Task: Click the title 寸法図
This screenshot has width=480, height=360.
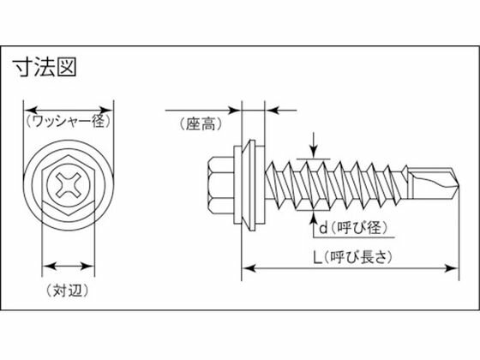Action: tap(45, 67)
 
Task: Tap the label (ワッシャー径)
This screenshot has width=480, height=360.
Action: tap(69, 121)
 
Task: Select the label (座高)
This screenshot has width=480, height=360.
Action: tap(201, 124)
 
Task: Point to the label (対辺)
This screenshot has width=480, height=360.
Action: tap(68, 290)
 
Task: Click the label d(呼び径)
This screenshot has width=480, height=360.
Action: tap(353, 228)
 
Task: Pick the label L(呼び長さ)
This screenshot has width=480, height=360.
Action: tap(352, 257)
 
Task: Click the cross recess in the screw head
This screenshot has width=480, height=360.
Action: tap(69, 184)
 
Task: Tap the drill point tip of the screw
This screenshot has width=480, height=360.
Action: tap(459, 185)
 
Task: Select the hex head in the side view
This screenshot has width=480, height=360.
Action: tap(221, 185)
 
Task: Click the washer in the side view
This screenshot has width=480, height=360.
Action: tap(249, 185)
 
